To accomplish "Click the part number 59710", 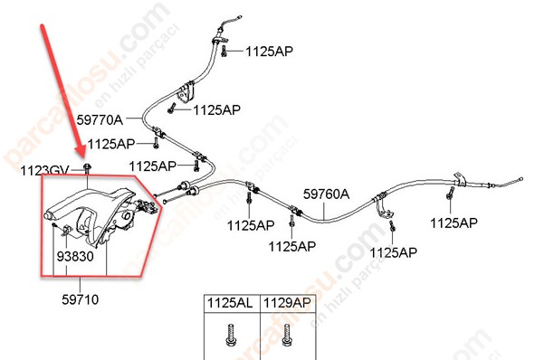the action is click(x=81, y=299).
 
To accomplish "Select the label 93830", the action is click(x=75, y=256).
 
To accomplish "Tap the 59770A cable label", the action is click(x=100, y=120).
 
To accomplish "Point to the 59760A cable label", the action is click(x=326, y=194).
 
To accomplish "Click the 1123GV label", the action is click(x=44, y=171).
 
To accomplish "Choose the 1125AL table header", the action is click(x=230, y=303).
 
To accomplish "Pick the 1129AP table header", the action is click(x=287, y=303).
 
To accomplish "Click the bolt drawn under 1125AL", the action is click(x=231, y=335).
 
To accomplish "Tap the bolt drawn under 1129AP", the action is click(x=287, y=335).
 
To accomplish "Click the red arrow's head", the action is click(x=81, y=154).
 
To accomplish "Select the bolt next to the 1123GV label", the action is click(x=87, y=168).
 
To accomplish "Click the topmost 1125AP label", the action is click(x=269, y=52).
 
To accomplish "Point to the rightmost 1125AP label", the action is click(x=453, y=223).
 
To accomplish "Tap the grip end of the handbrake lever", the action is click(x=48, y=215).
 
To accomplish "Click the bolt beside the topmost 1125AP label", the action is click(x=224, y=51).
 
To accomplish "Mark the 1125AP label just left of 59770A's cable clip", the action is click(x=111, y=144).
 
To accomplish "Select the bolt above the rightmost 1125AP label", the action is click(x=451, y=194).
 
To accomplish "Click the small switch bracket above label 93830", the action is click(x=67, y=230).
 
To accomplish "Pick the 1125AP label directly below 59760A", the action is click(x=292, y=247).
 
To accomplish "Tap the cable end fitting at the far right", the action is click(x=520, y=179).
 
